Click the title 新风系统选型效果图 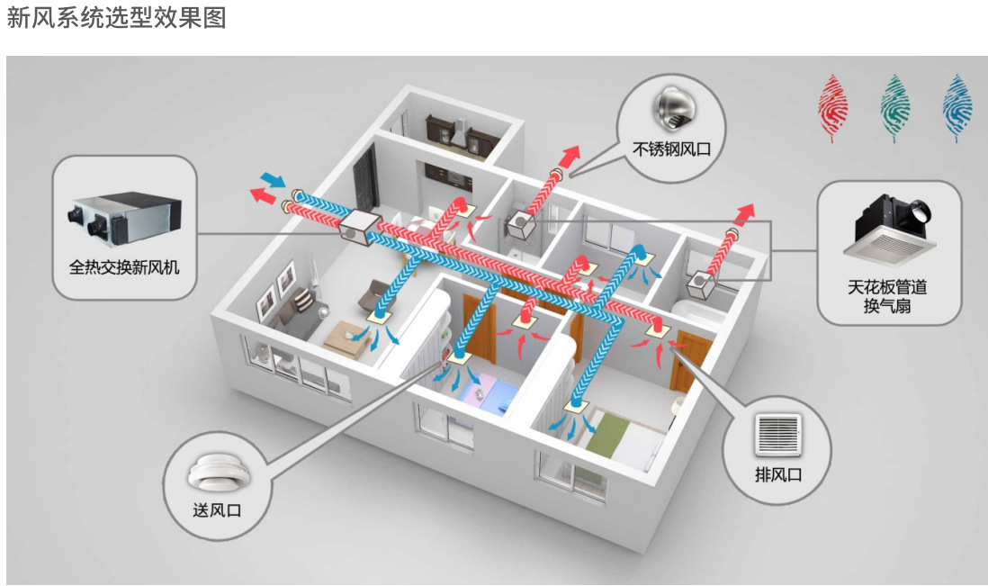116,18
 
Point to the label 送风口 217,510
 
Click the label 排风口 778,474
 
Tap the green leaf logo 894,107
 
